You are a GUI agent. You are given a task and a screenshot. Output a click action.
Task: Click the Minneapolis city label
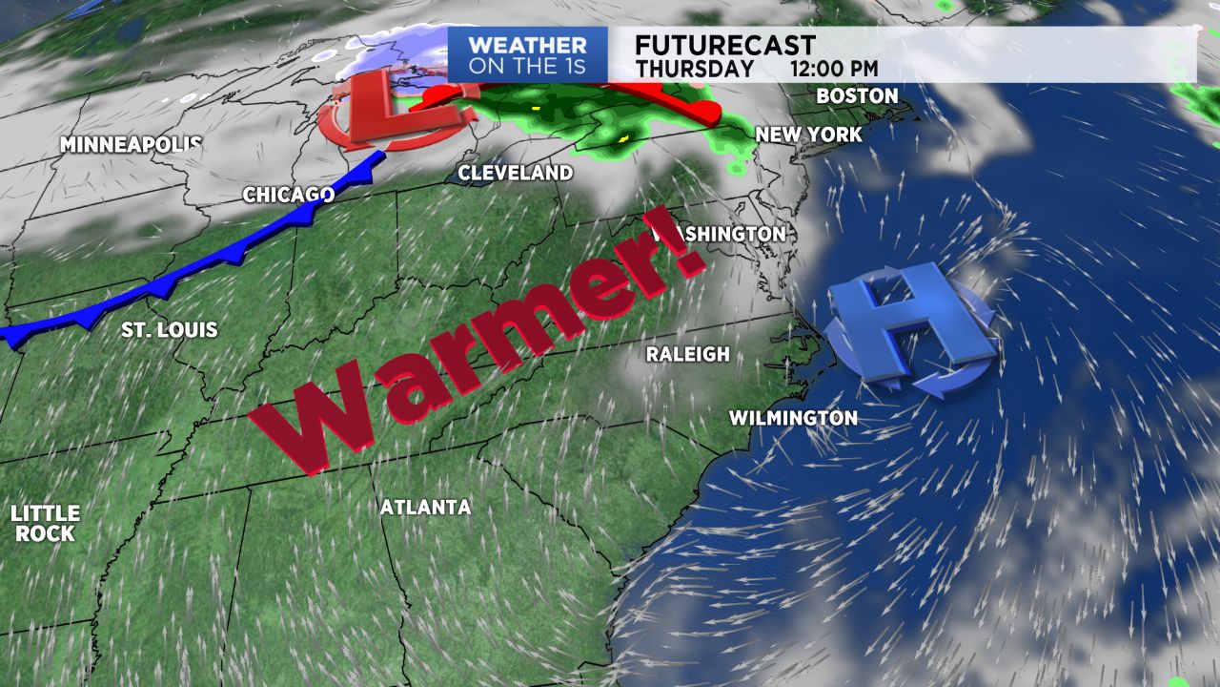coord(131,145)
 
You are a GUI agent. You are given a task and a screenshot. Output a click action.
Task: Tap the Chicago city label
coord(288,195)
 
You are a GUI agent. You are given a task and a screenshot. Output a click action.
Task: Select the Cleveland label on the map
coord(515,173)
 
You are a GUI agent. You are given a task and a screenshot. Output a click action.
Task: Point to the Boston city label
coord(857,96)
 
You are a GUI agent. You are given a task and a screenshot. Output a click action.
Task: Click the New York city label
coord(808,135)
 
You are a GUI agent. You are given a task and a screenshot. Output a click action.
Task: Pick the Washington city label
coord(721,234)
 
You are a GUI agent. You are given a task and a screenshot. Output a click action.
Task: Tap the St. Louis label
coord(169,330)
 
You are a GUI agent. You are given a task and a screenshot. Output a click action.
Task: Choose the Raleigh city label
coord(687,354)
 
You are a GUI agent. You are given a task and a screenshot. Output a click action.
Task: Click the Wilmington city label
coord(793,418)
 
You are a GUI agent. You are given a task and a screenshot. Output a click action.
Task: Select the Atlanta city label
coord(425,508)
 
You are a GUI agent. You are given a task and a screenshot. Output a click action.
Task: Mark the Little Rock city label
coord(45,524)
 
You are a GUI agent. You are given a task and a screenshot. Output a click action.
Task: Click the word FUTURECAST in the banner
coord(725,46)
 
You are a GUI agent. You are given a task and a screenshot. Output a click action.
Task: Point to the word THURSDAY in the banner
coord(694,69)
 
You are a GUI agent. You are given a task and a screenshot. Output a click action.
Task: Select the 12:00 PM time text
coord(834,69)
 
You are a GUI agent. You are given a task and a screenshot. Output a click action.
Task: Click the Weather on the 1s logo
coord(527,55)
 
